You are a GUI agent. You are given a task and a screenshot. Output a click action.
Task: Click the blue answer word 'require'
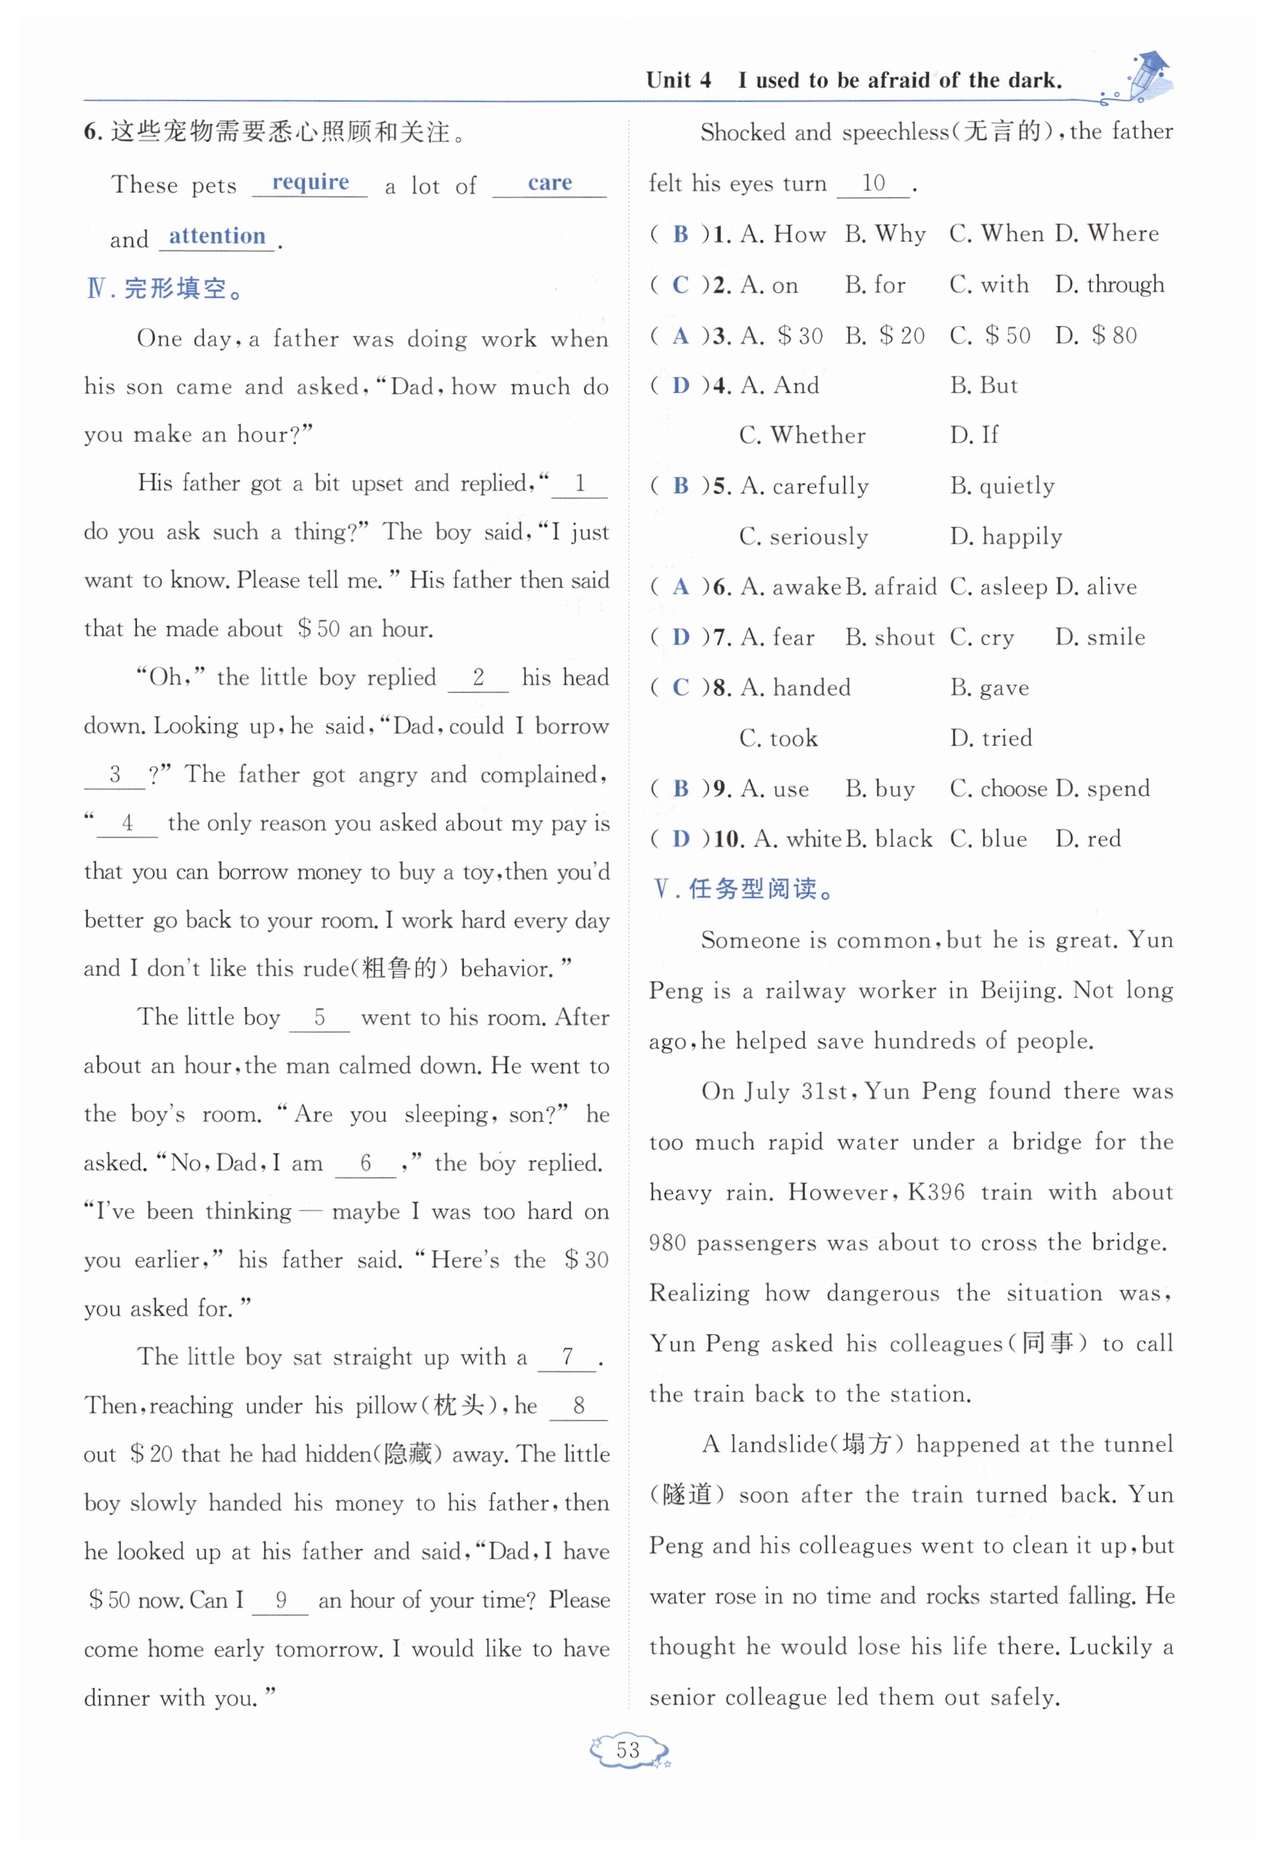tap(311, 182)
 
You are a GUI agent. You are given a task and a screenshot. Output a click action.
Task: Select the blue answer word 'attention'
tap(217, 236)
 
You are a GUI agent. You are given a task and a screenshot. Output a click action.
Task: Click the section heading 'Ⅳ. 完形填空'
tap(164, 289)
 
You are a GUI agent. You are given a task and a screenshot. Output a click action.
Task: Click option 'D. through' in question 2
tap(1109, 285)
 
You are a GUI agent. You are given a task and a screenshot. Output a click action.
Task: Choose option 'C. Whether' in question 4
tap(802, 436)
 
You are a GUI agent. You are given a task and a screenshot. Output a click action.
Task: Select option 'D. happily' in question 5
tap(1006, 536)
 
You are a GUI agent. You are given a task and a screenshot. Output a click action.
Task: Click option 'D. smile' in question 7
tap(1100, 637)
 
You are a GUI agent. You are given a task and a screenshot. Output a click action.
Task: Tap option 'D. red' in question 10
tap(1088, 839)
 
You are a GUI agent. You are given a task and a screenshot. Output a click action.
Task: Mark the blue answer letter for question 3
tap(681, 336)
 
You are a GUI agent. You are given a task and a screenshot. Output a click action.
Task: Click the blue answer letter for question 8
tap(681, 688)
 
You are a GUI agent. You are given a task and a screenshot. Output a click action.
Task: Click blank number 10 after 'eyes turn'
tap(874, 183)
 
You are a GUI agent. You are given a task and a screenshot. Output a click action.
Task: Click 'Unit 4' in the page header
tap(678, 80)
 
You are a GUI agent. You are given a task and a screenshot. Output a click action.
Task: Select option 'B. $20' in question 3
tap(885, 336)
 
